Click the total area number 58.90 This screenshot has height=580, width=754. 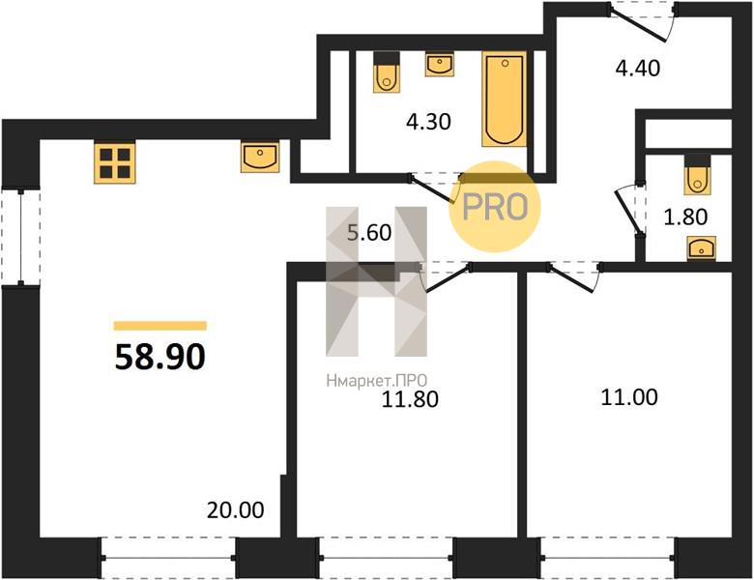click(160, 358)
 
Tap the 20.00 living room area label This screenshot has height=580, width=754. click(235, 510)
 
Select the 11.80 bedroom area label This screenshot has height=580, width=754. click(410, 399)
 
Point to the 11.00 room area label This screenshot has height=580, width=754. click(629, 397)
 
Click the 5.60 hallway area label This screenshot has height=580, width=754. click(369, 233)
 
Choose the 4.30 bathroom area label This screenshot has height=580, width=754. click(428, 122)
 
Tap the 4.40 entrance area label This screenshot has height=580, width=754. click(638, 68)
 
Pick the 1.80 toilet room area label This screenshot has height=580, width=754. click(685, 217)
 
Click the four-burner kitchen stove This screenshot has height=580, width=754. click(114, 162)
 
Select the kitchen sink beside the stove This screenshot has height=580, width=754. click(260, 157)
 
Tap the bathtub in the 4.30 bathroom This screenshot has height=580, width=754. click(505, 99)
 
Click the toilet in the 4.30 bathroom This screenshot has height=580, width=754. click(387, 72)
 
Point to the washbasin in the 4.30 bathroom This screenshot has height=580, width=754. click(440, 65)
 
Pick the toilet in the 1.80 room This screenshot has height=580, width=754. click(697, 174)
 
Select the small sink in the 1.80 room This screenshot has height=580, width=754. click(701, 248)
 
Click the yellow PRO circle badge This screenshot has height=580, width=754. click(495, 207)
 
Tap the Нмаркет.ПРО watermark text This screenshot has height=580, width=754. click(377, 381)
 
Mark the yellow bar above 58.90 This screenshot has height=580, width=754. click(160, 326)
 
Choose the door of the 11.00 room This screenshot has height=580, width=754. click(574, 277)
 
